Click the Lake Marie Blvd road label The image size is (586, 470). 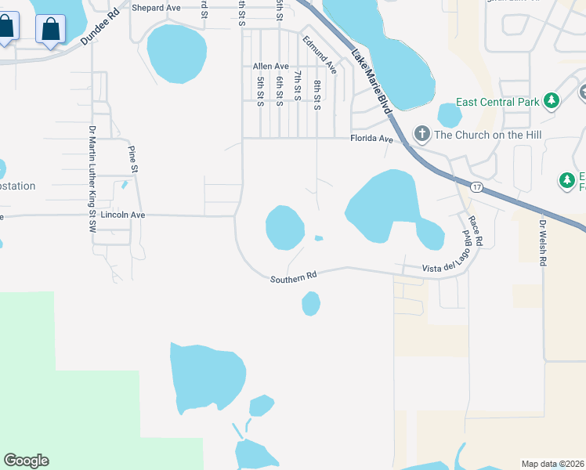click(x=371, y=82)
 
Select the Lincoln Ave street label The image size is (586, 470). click(x=125, y=214)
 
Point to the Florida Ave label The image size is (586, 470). click(x=371, y=139)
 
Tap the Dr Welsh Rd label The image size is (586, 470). click(x=541, y=243)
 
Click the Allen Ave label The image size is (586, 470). click(x=270, y=67)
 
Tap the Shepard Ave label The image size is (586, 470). click(x=157, y=9)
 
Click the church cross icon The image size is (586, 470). click(x=421, y=133)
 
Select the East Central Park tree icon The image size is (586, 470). click(x=552, y=101)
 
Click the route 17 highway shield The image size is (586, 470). click(x=476, y=187)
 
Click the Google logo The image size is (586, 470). click(x=26, y=461)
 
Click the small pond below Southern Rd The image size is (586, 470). click(x=311, y=303)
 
